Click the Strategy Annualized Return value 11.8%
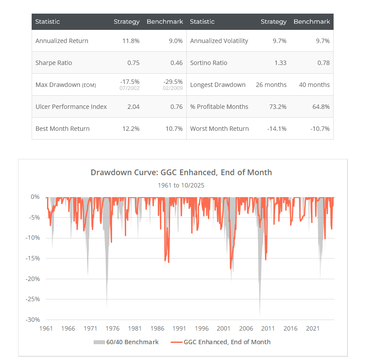[x=131, y=41]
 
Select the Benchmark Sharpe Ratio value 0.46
[x=176, y=63]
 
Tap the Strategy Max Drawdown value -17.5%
[x=130, y=82]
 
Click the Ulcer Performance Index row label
[x=71, y=107]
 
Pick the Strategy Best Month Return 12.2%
[x=131, y=129]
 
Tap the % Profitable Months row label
[x=219, y=107]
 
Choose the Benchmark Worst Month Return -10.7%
[x=320, y=129]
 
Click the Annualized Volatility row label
[x=219, y=41]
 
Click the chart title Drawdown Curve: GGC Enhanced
[x=181, y=172]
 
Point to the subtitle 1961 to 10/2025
[x=181, y=185]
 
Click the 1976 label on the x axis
[x=113, y=328]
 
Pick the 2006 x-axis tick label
[x=246, y=328]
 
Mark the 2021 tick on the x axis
[x=312, y=328]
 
